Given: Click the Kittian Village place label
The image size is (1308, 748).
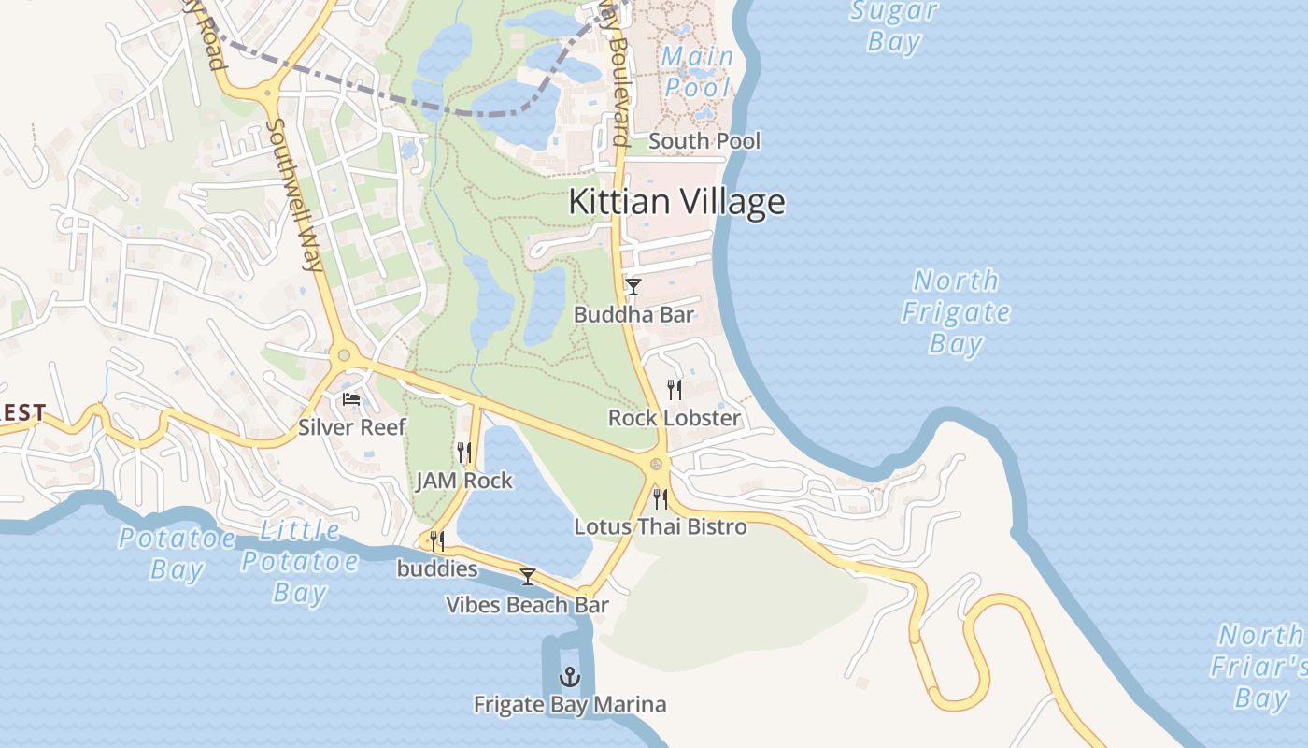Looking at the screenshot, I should coord(676,202).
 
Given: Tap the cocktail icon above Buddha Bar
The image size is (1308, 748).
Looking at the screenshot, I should coord(633,286).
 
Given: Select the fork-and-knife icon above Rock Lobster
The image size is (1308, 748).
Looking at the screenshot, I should coord(674,389).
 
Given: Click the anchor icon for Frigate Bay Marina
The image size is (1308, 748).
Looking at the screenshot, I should coord(569,676).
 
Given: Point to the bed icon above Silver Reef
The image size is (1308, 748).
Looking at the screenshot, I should coord(351,399).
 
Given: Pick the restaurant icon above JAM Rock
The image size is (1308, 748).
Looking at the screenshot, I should coord(463,453).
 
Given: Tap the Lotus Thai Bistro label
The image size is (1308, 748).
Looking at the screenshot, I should coord(661,526).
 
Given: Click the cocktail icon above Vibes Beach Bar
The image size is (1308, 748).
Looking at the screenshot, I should coord(528,577).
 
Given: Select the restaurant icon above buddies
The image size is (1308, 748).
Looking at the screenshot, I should coord(435,540).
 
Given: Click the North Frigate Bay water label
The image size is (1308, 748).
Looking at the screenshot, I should coord(956,312).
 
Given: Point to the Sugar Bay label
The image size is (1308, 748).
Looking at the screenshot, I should coord(894,26).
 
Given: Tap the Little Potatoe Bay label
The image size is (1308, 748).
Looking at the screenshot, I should coord(300,561).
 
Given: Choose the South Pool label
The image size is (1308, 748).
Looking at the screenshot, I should coord(704,141).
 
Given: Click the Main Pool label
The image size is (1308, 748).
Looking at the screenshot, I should coord(697,72).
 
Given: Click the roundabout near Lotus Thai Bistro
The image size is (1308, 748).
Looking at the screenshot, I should coord(657,463).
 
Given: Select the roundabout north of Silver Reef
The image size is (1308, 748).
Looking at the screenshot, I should coord(344,355).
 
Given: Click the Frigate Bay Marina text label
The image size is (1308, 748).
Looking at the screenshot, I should coord(570,704).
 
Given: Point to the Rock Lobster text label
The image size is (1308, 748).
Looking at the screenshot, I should coord(674,418).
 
